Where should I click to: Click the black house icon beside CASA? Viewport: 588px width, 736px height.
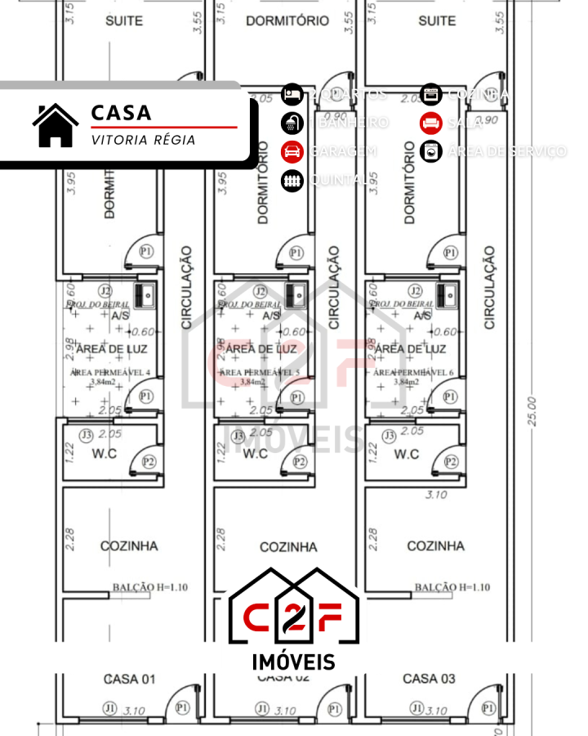coord(56,125)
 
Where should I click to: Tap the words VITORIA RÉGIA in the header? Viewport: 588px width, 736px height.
coord(143,140)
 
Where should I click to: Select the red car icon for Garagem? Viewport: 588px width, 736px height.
coord(292,151)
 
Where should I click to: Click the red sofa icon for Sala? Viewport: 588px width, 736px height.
coord(431,123)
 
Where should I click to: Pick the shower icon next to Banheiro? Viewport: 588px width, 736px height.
coord(292,123)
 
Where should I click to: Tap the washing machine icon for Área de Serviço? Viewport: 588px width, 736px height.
coord(431,151)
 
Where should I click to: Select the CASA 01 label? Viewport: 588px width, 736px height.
coord(129,679)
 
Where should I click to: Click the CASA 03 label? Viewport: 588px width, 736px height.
coord(429,679)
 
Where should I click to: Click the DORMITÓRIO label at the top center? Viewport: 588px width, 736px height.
coord(287,20)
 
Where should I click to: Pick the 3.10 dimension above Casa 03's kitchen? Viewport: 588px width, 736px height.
coord(437,495)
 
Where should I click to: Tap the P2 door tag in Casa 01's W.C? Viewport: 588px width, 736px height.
coord(149,462)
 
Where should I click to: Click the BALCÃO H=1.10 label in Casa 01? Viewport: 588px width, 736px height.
coord(139,586)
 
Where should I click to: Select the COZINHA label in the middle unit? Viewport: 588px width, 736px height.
coord(288,546)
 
